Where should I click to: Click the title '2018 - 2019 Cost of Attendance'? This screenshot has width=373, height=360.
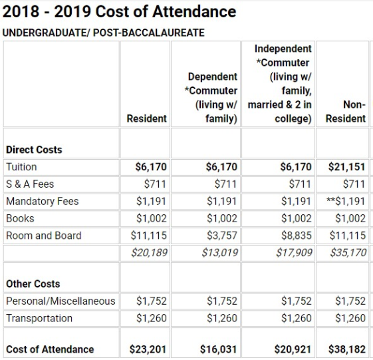pos(120,11)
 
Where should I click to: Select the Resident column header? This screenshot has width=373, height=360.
pos(147,118)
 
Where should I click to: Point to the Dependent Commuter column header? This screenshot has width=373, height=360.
pos(212,97)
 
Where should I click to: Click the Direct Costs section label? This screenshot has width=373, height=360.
pos(34,150)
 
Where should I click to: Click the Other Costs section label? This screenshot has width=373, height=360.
pos(33,284)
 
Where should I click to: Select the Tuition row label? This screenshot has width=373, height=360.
pos(21,167)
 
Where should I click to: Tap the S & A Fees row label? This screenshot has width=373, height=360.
pos(30,184)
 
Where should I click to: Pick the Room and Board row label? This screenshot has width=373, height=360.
pos(44,236)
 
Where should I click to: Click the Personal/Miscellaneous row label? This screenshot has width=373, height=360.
pos(61,301)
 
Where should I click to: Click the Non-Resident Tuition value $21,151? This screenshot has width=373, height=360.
pos(346,167)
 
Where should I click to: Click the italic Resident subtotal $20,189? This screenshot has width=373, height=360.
pos(150,253)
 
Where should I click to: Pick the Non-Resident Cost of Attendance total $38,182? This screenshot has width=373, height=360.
pos(346,349)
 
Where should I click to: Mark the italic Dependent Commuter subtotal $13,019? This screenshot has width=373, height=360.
pos(219,253)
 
